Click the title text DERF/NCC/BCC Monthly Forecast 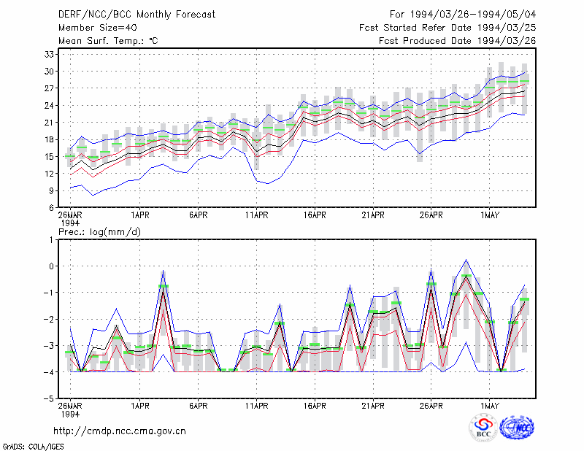click(137, 15)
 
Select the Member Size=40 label click(98, 28)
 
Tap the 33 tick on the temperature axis click(49, 55)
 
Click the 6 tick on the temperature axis click(51, 208)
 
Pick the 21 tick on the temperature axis click(49, 123)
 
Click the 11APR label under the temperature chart click(257, 215)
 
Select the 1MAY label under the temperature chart click(490, 215)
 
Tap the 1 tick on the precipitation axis click(51, 240)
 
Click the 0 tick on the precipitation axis click(51, 266)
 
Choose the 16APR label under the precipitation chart click(315, 406)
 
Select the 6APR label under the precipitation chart click(198, 406)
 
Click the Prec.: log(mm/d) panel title click(99, 232)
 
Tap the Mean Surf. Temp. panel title click(108, 41)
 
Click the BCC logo click(483, 428)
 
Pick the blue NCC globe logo click(517, 428)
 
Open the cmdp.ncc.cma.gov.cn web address click(120, 431)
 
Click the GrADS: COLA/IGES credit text click(34, 447)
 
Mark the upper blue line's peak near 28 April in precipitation click(466, 260)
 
